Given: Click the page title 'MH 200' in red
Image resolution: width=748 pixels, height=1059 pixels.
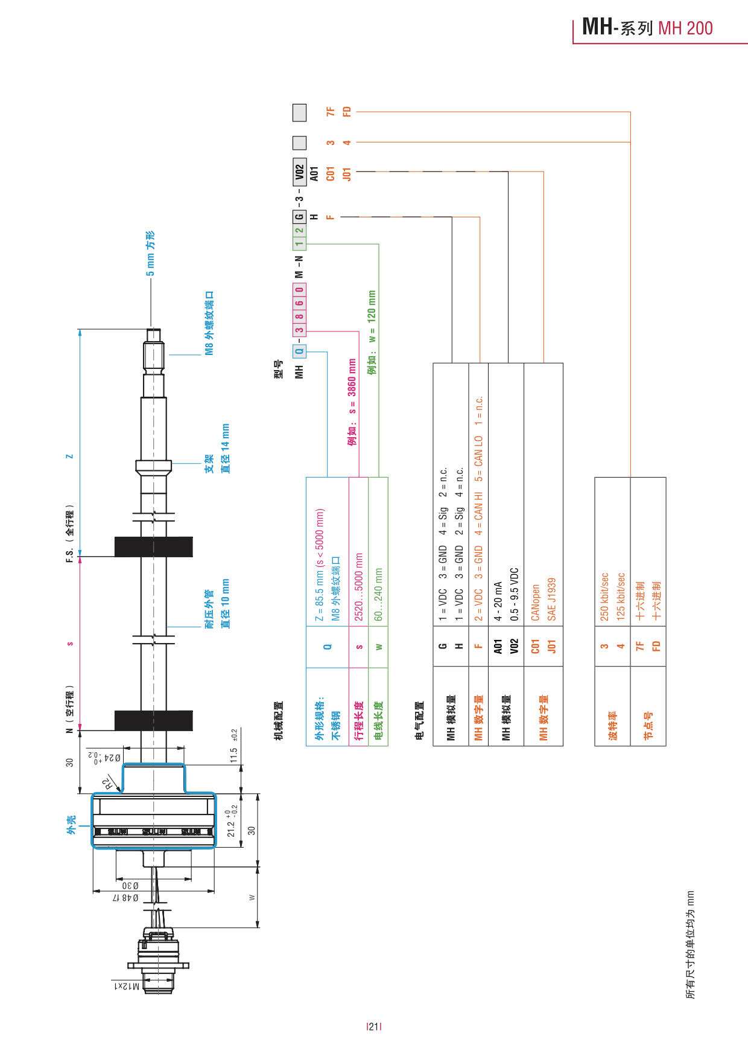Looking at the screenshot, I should pyautogui.click(x=685, y=28).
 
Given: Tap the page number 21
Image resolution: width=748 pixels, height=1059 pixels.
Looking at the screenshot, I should pyautogui.click(x=374, y=1026).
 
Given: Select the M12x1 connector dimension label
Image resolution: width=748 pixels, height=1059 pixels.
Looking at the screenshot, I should pyautogui.click(x=127, y=986).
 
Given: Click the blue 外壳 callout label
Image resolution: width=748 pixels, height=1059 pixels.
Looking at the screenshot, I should pyautogui.click(x=71, y=824).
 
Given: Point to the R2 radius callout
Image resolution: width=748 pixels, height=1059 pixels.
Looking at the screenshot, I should pyautogui.click(x=108, y=784).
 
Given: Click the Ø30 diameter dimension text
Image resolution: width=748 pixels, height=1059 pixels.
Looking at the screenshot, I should pyautogui.click(x=131, y=886).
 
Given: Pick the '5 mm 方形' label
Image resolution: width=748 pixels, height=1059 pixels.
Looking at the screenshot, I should pyautogui.click(x=150, y=254).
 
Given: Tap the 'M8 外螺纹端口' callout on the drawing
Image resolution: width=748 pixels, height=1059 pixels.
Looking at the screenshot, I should pyautogui.click(x=209, y=323).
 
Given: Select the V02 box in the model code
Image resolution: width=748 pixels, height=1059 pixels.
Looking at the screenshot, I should pyautogui.click(x=299, y=173).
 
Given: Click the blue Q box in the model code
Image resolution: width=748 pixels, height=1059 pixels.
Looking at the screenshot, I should pyautogui.click(x=299, y=351).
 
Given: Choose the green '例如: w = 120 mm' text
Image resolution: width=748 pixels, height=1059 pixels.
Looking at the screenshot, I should pyautogui.click(x=372, y=332).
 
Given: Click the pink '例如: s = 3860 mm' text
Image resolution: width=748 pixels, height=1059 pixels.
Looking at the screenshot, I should pyautogui.click(x=352, y=402).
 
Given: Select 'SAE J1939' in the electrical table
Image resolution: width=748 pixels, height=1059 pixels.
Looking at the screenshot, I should pyautogui.click(x=551, y=599).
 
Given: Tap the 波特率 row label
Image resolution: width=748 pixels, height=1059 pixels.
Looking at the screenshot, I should pyautogui.click(x=613, y=725).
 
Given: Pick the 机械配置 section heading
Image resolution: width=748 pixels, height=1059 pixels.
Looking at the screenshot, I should pyautogui.click(x=278, y=721).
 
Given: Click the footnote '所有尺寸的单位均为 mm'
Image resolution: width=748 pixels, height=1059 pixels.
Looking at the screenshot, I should pyautogui.click(x=690, y=944).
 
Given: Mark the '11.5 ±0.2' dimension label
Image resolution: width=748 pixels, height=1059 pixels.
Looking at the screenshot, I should pyautogui.click(x=234, y=746).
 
